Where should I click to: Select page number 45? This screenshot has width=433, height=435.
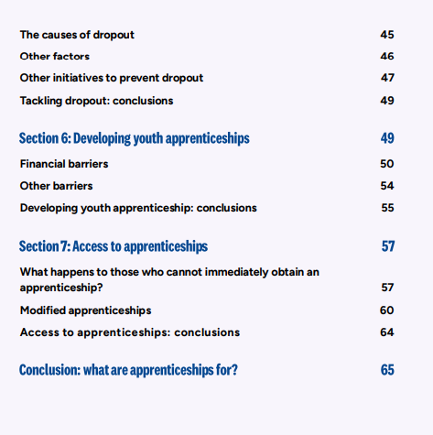tap(386, 35)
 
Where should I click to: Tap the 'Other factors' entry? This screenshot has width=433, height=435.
tap(55, 57)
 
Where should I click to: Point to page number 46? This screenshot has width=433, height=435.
tap(386, 57)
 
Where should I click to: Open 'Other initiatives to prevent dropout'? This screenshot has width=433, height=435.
tap(111, 78)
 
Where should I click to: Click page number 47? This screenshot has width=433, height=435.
tap(386, 78)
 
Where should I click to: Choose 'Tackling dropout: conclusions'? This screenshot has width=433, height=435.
tap(96, 100)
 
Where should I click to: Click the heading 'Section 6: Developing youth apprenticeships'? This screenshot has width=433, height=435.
tap(135, 138)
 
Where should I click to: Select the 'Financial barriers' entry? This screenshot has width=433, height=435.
tap(64, 164)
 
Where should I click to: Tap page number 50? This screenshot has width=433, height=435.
tap(386, 164)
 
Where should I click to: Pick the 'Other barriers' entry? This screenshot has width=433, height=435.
tap(56, 186)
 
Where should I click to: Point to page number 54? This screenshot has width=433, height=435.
tap(386, 186)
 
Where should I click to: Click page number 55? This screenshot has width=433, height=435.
tap(386, 208)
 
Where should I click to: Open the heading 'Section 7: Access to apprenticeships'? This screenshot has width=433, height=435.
tap(114, 246)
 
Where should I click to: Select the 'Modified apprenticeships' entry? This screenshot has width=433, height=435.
tap(85, 310)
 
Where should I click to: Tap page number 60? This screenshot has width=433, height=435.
tap(386, 310)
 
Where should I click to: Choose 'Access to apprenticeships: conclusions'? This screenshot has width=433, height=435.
tap(129, 332)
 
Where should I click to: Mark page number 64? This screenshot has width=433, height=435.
tap(386, 332)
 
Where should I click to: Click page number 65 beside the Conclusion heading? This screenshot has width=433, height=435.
tap(386, 371)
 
